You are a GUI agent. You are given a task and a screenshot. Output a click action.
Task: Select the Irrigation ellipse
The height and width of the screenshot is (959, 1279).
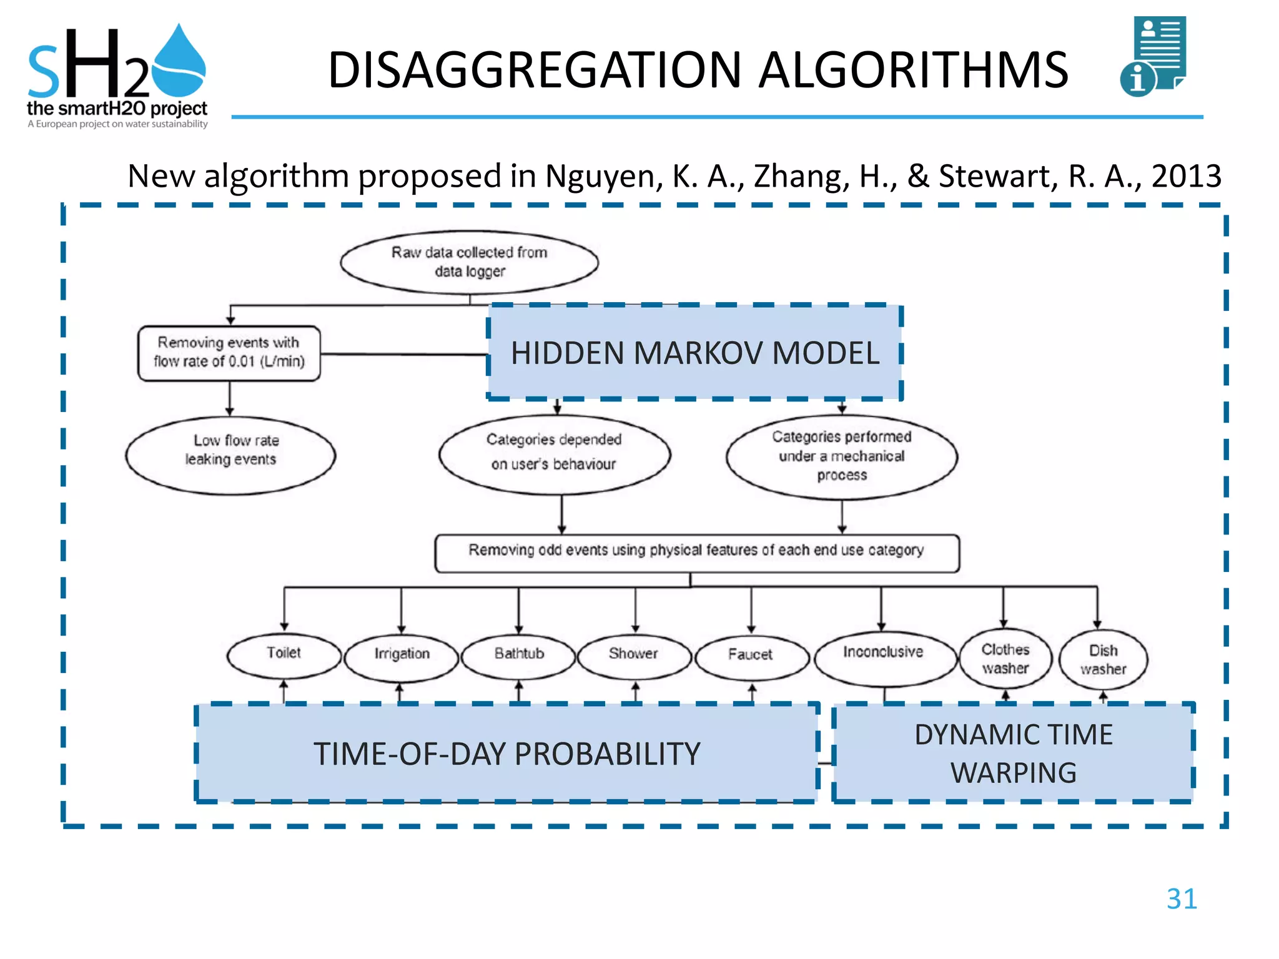[402, 656]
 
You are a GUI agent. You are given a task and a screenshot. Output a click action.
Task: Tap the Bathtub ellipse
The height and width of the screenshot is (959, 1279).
[519, 655]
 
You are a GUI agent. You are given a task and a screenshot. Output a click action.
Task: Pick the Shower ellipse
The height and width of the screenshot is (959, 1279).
[635, 655]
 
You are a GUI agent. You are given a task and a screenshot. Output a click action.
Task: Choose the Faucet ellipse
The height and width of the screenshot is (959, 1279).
[751, 656]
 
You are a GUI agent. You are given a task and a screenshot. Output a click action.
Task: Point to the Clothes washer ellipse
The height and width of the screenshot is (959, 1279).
[1005, 659]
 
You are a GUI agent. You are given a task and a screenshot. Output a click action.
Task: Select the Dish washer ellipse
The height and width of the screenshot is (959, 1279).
[1103, 661]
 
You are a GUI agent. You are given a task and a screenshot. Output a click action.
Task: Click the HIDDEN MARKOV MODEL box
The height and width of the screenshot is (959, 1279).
[694, 353]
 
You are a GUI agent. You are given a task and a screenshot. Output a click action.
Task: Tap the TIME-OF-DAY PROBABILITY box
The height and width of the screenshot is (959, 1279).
[506, 754]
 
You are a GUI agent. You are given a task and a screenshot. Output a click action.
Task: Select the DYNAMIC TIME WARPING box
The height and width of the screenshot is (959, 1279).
[1013, 754]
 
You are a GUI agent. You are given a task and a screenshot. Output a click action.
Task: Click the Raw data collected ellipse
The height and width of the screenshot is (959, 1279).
[470, 262]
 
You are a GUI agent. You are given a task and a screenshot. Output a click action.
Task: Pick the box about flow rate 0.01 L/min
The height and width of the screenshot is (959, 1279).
[229, 353]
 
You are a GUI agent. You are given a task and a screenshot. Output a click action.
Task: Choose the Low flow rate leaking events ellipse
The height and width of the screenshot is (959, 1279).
[230, 455]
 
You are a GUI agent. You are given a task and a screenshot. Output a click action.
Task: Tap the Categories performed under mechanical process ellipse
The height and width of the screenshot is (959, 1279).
[841, 456]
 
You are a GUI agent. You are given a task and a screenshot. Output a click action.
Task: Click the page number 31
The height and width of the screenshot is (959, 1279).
[1182, 899]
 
